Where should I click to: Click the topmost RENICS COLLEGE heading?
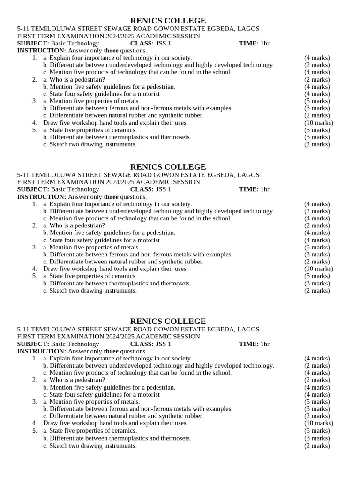pyautogui.click(x=168, y=21)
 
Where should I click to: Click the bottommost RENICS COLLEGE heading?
pyautogui.click(x=168, y=321)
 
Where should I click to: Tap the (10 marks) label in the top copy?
pyautogui.click(x=318, y=123)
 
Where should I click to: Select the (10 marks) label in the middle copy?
pyautogui.click(x=318, y=269)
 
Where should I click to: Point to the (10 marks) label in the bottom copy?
pyautogui.click(x=318, y=423)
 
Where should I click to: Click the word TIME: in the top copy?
pyautogui.click(x=248, y=44)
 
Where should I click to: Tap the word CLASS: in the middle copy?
pyautogui.click(x=142, y=189)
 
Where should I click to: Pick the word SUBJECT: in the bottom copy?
pyautogui.click(x=33, y=344)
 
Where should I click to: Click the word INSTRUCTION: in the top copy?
pyautogui.click(x=42, y=51)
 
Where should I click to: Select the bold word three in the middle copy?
pyautogui.click(x=111, y=197)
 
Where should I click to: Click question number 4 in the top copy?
pyautogui.click(x=34, y=123)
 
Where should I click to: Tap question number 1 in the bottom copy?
pyautogui.click(x=34, y=358)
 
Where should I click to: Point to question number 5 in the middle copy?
pyautogui.click(x=34, y=276)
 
